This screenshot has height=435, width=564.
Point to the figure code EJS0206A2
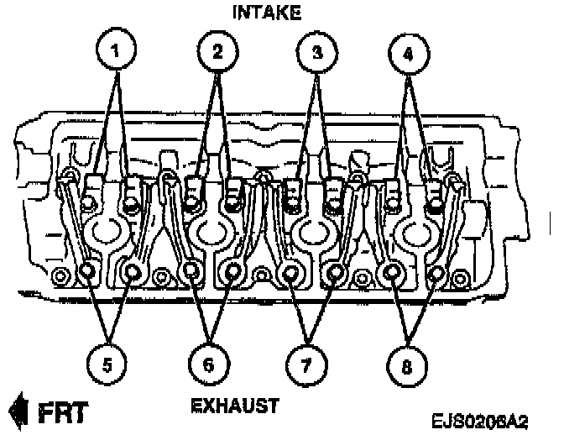pos(486,417)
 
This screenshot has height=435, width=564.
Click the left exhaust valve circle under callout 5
pos(87,270)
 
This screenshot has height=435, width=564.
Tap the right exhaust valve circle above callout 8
pos(437,272)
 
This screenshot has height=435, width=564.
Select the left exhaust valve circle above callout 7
pos(292,272)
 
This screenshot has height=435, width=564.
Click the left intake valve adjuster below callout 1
pos(94,191)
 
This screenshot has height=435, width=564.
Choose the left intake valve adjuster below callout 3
pos(294,193)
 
